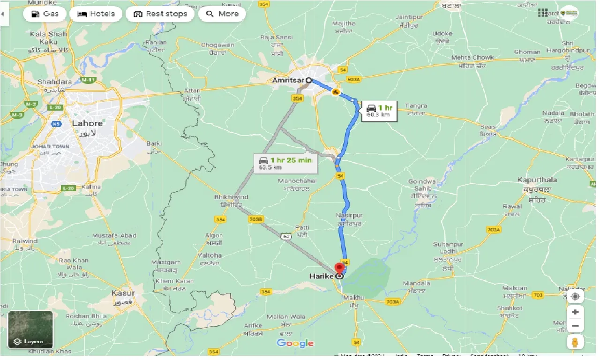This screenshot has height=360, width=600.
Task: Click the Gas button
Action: pyautogui.click(x=45, y=14)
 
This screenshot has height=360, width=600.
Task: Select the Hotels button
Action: pyautogui.click(x=96, y=14)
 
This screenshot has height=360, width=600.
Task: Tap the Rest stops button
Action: pyautogui.click(x=160, y=14)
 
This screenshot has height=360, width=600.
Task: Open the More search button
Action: pyautogui.click(x=222, y=14)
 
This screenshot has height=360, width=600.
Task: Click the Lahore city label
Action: pyautogui.click(x=87, y=123)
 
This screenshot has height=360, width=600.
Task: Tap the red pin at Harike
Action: pyautogui.click(x=339, y=269)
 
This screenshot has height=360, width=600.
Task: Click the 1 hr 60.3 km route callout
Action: pyautogui.click(x=379, y=111)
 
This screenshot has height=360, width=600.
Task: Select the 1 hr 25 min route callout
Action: pyautogui.click(x=285, y=163)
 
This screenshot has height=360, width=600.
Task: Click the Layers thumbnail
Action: pyautogui.click(x=30, y=330)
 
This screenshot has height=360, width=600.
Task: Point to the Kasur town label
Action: pyautogui.click(x=123, y=293)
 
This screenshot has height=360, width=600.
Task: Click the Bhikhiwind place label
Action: pyautogui.click(x=231, y=197)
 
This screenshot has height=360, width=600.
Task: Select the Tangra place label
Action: pyautogui.click(x=416, y=106)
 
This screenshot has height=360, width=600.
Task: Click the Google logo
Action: pyautogui.click(x=295, y=343)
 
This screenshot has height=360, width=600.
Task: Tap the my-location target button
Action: pyautogui.click(x=575, y=297)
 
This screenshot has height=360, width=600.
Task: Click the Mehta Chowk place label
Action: pyautogui.click(x=472, y=58)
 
